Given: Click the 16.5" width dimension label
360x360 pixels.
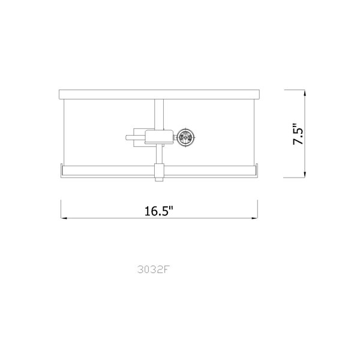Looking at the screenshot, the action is point(158,211).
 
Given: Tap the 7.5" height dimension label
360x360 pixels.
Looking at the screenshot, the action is point(298,134).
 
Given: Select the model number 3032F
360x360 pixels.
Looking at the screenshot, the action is point(153,269).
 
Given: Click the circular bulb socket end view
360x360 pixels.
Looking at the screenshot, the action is point(186,137).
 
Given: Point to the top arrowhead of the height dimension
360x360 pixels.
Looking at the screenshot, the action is point(305,92).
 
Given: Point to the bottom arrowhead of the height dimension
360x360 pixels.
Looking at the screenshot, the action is point(305,175).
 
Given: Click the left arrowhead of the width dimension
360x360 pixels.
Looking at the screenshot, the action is point(64,218).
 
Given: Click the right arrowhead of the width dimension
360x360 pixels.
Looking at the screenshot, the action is point(254,218).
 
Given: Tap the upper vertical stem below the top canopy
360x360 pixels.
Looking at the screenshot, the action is point(159,114).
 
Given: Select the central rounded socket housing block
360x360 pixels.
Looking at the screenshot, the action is point(159,137).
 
